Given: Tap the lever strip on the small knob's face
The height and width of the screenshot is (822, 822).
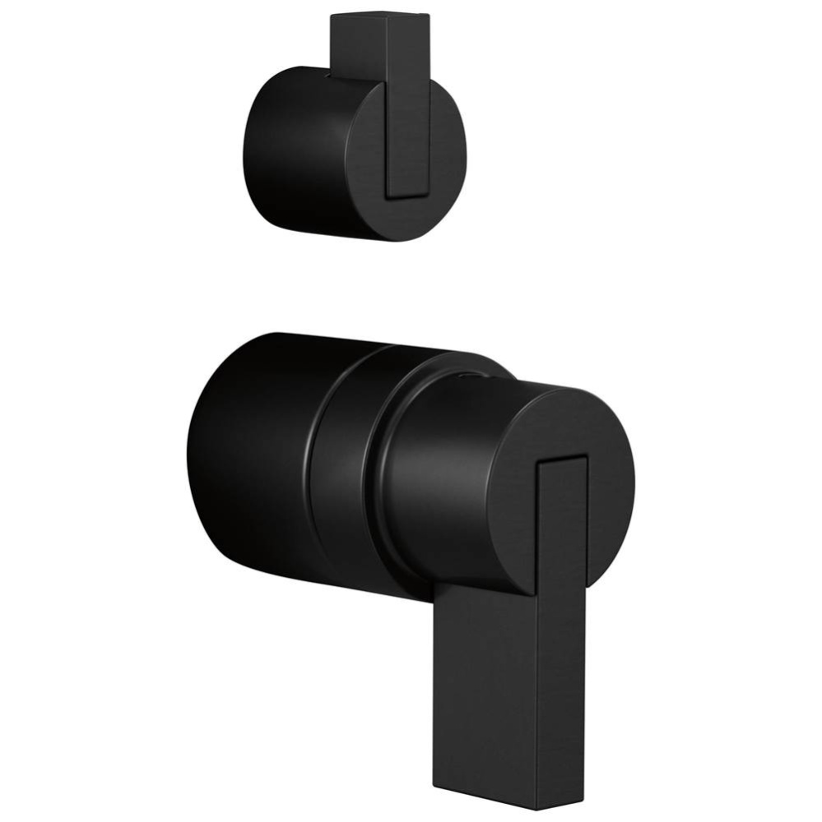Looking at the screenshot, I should pyautogui.click(x=408, y=123).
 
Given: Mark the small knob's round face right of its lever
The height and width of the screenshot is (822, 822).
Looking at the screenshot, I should pyautogui.click(x=447, y=152).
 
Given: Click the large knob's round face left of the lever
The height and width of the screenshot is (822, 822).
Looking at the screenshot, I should pyautogui.click(x=510, y=493).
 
